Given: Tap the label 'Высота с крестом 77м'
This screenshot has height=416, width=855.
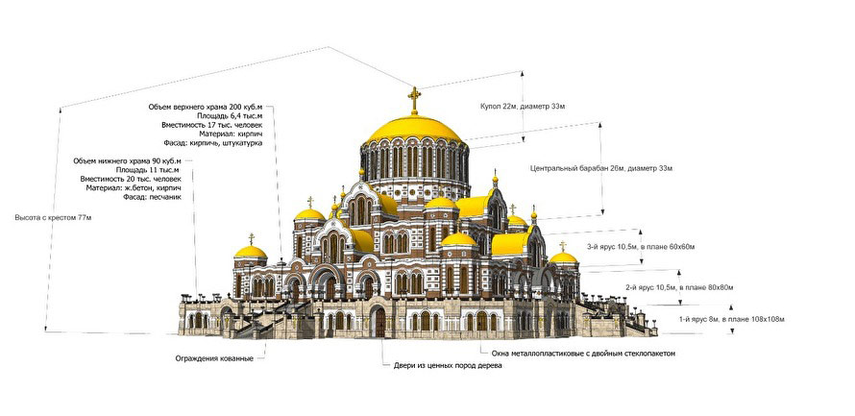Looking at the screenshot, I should coord(53,218).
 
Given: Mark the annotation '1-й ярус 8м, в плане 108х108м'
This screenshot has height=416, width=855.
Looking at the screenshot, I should coord(703,317).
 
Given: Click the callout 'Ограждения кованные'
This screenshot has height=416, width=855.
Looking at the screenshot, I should coord(214,359).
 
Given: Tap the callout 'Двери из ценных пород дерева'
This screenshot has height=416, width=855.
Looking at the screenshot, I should coord(448,367).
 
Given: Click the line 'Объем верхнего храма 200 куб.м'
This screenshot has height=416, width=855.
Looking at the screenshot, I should coord(206,106).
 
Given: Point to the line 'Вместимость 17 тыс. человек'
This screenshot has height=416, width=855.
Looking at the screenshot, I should coord(211,125).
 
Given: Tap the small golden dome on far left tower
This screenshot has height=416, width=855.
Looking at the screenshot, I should coord(251,252).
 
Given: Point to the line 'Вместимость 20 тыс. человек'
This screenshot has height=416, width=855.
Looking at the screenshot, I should coord(131,179).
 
